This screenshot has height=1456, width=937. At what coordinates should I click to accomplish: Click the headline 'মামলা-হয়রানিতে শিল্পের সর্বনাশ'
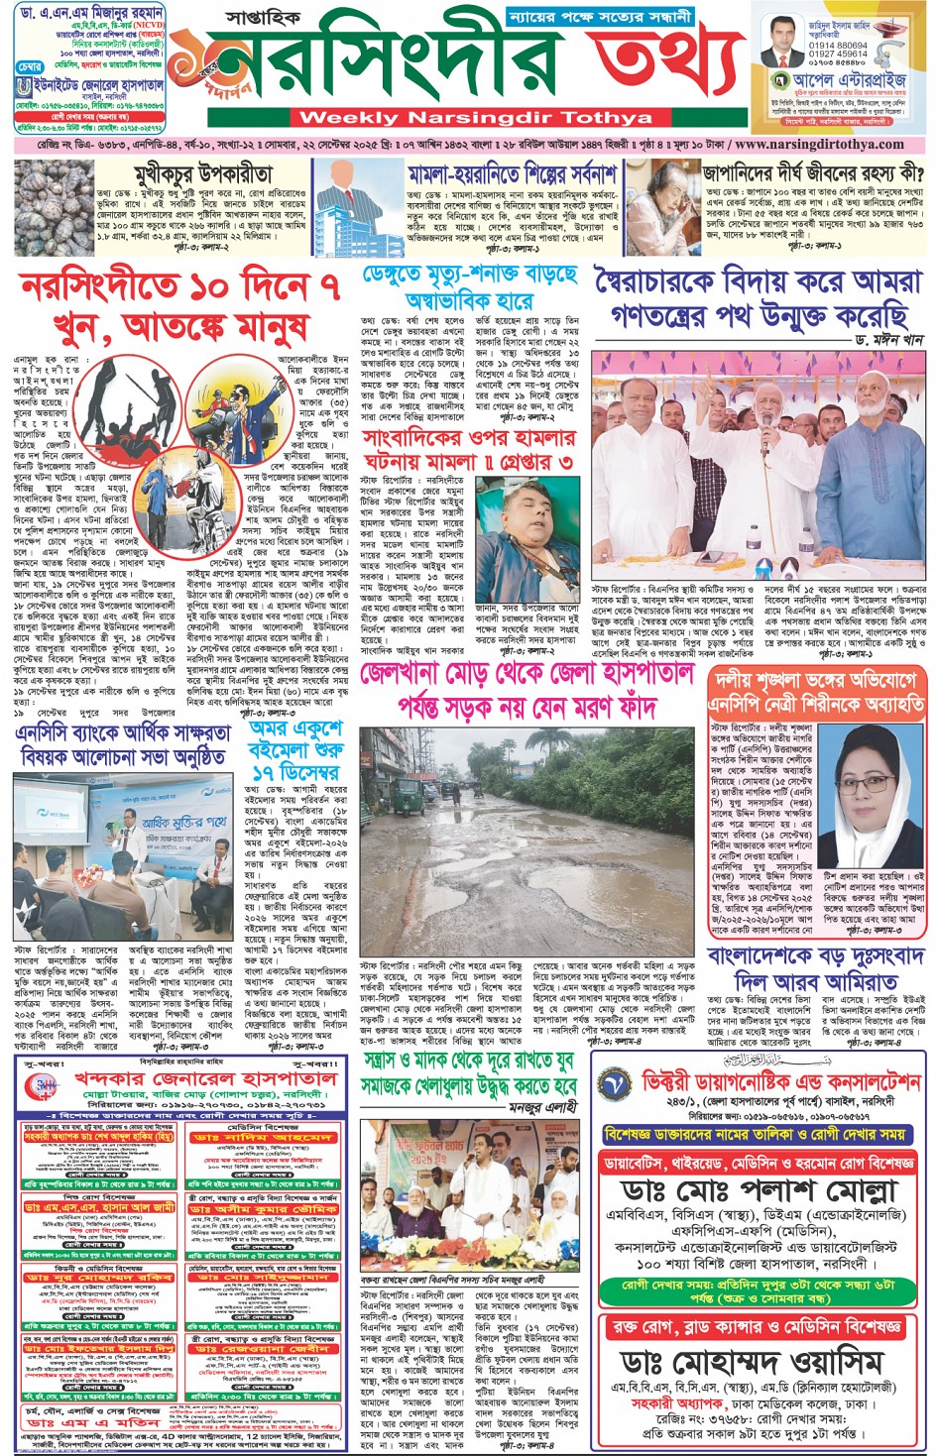click(x=512, y=175)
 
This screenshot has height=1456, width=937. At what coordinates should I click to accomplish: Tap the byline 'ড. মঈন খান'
click(x=887, y=339)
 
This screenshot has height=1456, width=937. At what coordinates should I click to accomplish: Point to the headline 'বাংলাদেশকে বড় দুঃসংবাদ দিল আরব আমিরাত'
click(x=815, y=969)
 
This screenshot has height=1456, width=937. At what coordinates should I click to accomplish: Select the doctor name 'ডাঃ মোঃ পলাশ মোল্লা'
click(x=760, y=1190)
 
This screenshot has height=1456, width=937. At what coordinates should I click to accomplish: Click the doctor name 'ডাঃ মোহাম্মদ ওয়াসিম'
click(x=763, y=1362)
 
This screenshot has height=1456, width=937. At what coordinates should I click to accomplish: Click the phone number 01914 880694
click(x=837, y=46)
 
